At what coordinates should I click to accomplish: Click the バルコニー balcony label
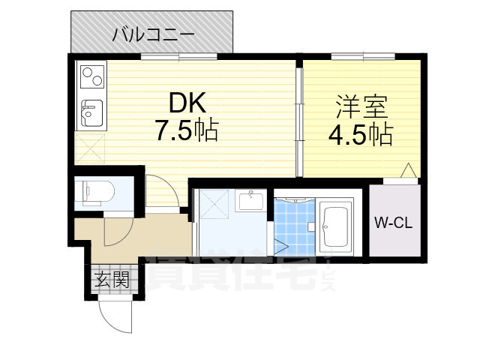153,34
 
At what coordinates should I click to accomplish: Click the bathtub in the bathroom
336,225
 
